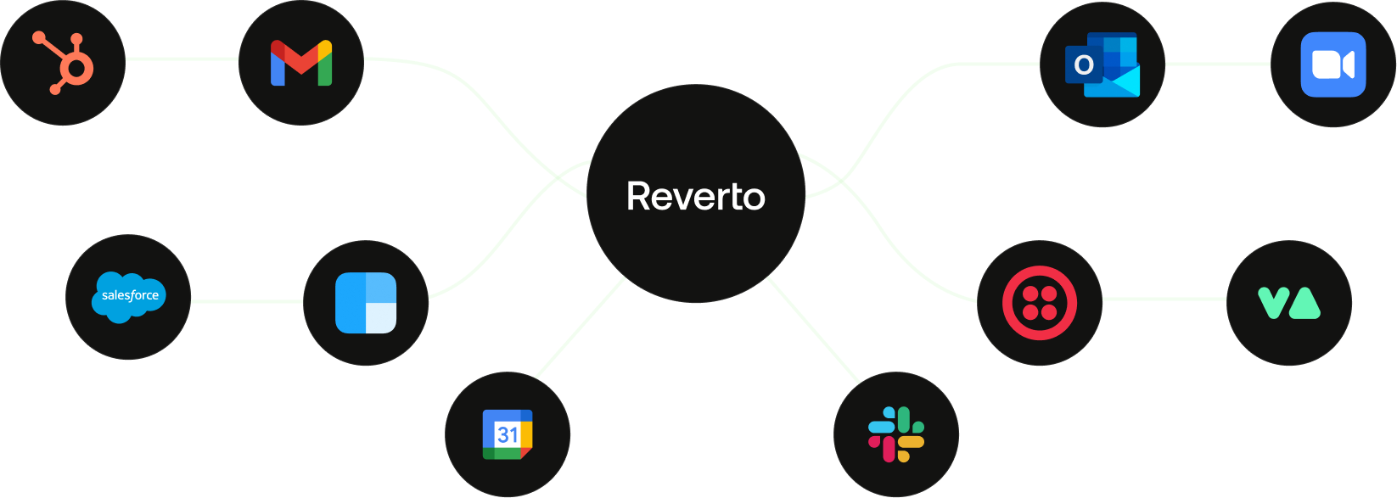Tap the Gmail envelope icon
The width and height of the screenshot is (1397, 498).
301,63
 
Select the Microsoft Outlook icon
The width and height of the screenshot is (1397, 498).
1102,64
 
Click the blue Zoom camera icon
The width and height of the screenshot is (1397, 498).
1333,64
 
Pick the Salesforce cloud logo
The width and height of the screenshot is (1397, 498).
129,297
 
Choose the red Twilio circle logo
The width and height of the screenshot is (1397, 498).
1040,303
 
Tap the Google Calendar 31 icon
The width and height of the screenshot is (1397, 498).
508,434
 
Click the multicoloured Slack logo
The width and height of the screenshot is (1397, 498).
896,434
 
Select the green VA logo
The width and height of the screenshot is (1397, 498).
1289,303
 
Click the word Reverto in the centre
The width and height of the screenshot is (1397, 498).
695,196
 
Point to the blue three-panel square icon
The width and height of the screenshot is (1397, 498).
366,303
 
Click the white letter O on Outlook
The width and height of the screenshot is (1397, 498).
1084,64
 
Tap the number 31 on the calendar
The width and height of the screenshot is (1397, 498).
508,434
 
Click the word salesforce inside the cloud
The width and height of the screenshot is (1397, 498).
131,294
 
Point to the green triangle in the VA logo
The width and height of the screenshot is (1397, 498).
1305,304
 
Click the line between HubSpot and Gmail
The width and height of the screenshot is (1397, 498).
182,59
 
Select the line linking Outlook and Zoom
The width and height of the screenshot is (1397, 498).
1218,64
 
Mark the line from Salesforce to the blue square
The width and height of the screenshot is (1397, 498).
247,301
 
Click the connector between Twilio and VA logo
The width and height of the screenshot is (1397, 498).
1164,299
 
